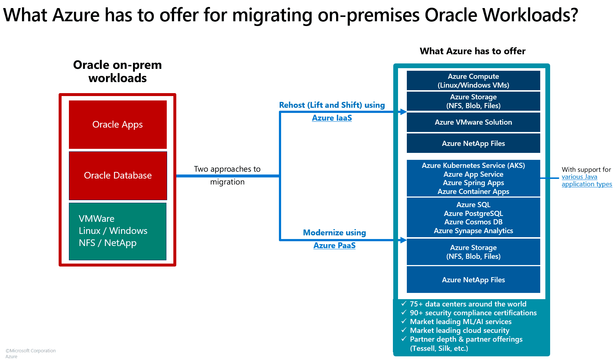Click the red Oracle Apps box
[x=118, y=125]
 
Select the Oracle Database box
[x=118, y=176]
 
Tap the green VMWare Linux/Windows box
[x=118, y=231]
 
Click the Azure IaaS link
[x=332, y=118]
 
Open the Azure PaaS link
[x=334, y=246]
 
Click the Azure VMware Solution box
[x=473, y=122]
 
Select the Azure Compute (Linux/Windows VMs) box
[x=473, y=81]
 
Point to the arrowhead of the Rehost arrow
[x=404, y=112]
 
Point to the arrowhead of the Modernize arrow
[x=404, y=240]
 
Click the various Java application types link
[x=586, y=180]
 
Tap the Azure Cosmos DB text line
[x=473, y=222]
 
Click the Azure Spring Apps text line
[x=473, y=183]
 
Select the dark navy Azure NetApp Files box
[x=473, y=144]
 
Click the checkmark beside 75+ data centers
[x=404, y=304]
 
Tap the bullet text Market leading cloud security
[x=459, y=331]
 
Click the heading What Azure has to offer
[x=472, y=51]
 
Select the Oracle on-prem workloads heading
[x=118, y=71]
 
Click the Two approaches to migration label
[x=227, y=175]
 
